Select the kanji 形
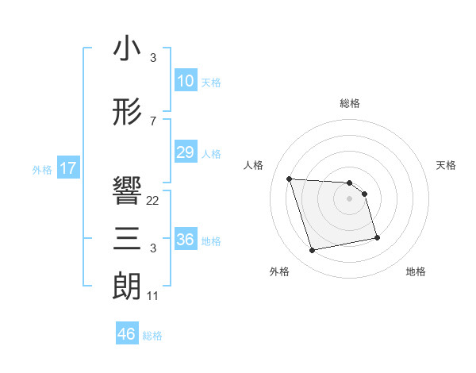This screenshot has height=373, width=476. pyautogui.click(x=128, y=113)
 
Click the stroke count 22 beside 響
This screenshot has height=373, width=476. pyautogui.click(x=153, y=201)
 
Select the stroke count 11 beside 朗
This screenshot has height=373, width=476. pyautogui.click(x=153, y=296)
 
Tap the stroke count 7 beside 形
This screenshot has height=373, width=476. pyautogui.click(x=153, y=121)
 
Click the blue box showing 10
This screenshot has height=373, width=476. pyautogui.click(x=186, y=81)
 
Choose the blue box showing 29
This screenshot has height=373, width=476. pyautogui.click(x=186, y=152)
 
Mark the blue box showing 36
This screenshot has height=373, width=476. pyautogui.click(x=186, y=240)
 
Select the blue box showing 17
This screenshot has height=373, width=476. pyautogui.click(x=67, y=168)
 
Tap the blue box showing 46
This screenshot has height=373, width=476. pyautogui.click(x=127, y=334)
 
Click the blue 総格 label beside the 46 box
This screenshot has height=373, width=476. pyautogui.click(x=152, y=336)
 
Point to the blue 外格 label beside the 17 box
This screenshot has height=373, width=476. pyautogui.click(x=42, y=169)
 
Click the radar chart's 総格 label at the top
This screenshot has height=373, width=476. pyautogui.click(x=350, y=103)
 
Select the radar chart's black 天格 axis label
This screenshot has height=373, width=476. pyautogui.click(x=447, y=165)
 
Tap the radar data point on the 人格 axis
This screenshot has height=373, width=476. pyautogui.click(x=290, y=179)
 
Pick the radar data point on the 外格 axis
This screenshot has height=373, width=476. pyautogui.click(x=313, y=251)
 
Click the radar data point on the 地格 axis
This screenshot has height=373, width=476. pyautogui.click(x=377, y=237)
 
